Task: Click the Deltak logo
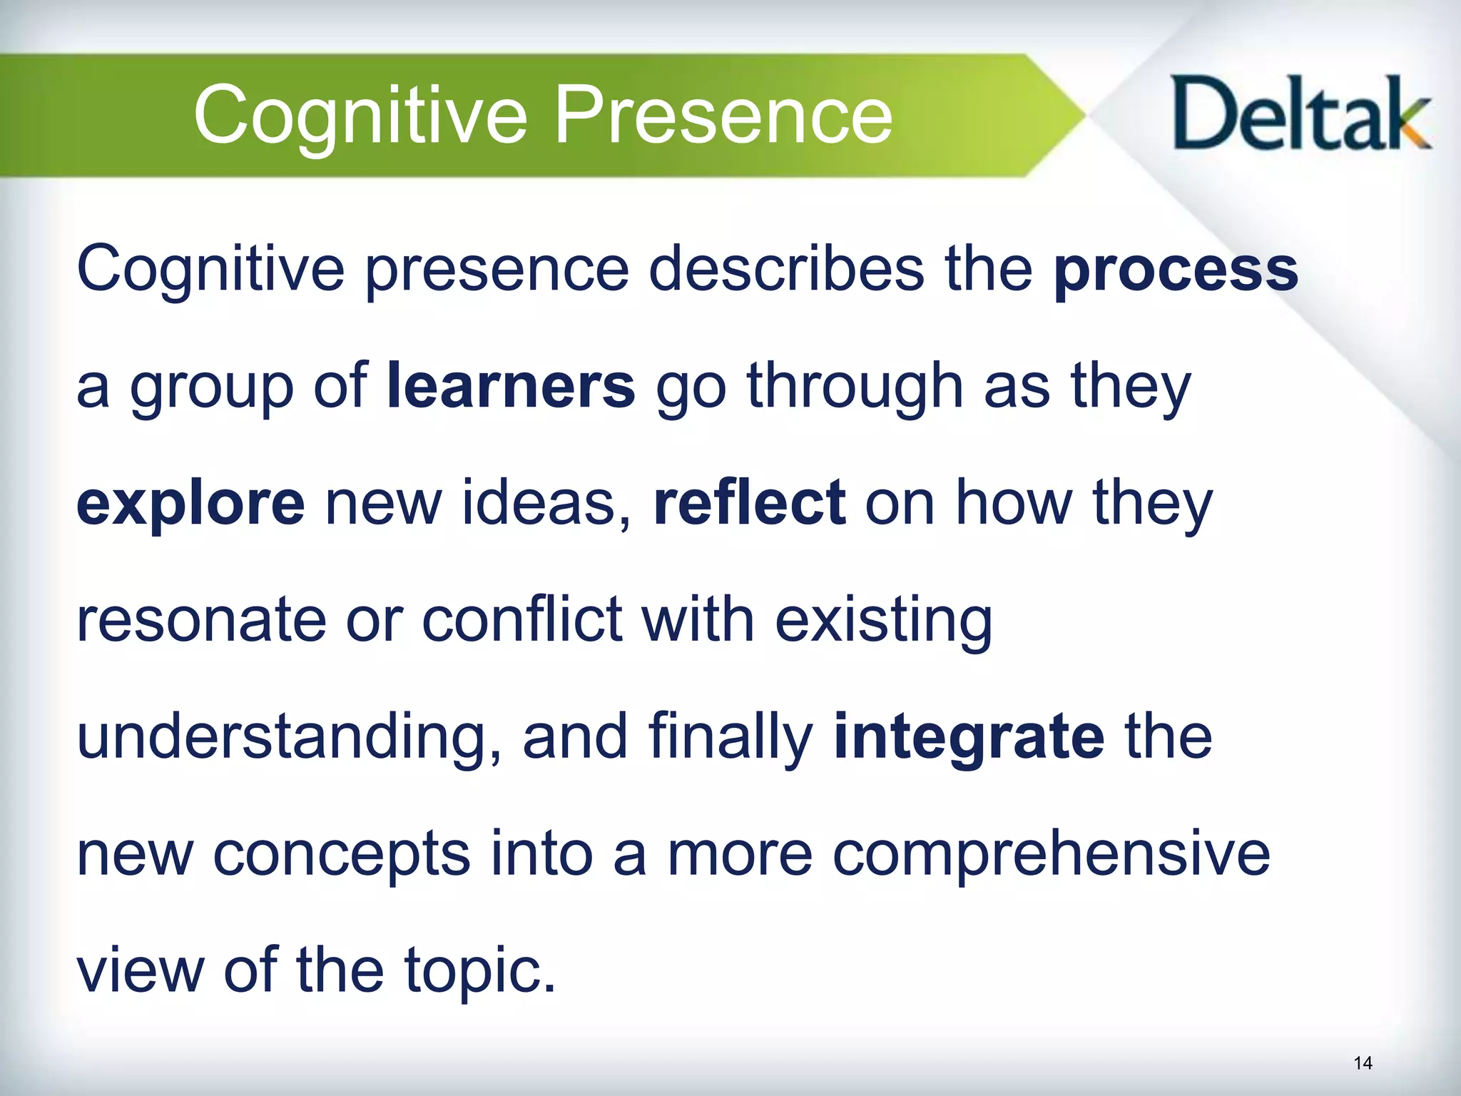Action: (1300, 114)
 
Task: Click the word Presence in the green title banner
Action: (722, 114)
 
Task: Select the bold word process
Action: (1176, 271)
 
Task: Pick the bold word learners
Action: (511, 387)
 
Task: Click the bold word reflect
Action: (750, 503)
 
